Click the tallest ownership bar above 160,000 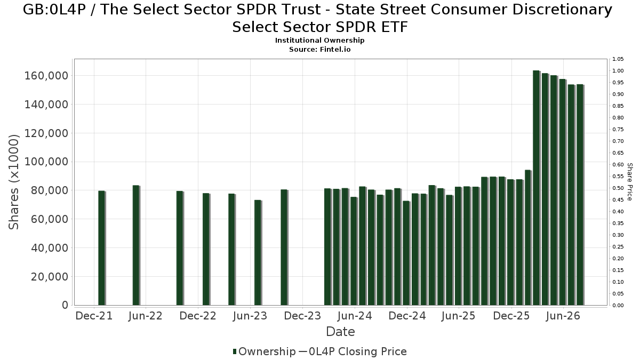537,188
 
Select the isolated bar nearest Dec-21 102,248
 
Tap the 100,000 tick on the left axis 46,162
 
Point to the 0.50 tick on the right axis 618,188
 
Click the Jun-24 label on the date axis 355,316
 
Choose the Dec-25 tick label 511,316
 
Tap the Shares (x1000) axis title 13,182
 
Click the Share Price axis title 629,182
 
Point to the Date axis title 340,332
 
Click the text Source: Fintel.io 319,50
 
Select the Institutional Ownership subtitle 319,41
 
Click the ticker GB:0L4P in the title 54,10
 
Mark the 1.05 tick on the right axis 618,59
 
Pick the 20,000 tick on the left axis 50,277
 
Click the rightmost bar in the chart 580,195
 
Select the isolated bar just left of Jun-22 137,245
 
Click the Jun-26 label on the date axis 563,316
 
